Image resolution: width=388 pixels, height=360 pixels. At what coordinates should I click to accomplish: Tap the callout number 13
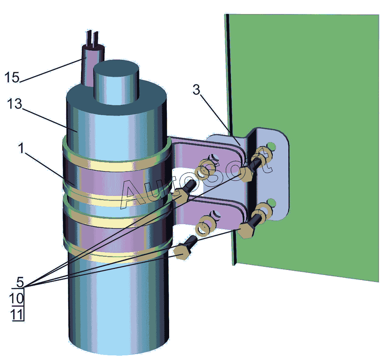click(15, 104)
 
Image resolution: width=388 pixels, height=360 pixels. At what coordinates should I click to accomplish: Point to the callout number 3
click(196, 90)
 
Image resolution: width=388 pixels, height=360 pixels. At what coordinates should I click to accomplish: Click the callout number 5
click(20, 282)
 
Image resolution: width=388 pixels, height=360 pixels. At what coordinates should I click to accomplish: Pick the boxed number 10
click(16, 298)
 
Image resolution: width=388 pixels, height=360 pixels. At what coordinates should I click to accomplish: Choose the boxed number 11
click(17, 315)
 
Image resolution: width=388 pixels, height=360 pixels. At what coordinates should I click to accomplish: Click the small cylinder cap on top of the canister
click(116, 81)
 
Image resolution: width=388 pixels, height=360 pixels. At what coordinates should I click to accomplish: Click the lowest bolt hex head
click(182, 252)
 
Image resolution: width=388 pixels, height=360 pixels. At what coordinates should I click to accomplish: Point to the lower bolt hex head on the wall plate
click(246, 230)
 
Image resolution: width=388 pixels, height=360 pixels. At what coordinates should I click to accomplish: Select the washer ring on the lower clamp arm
click(205, 225)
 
